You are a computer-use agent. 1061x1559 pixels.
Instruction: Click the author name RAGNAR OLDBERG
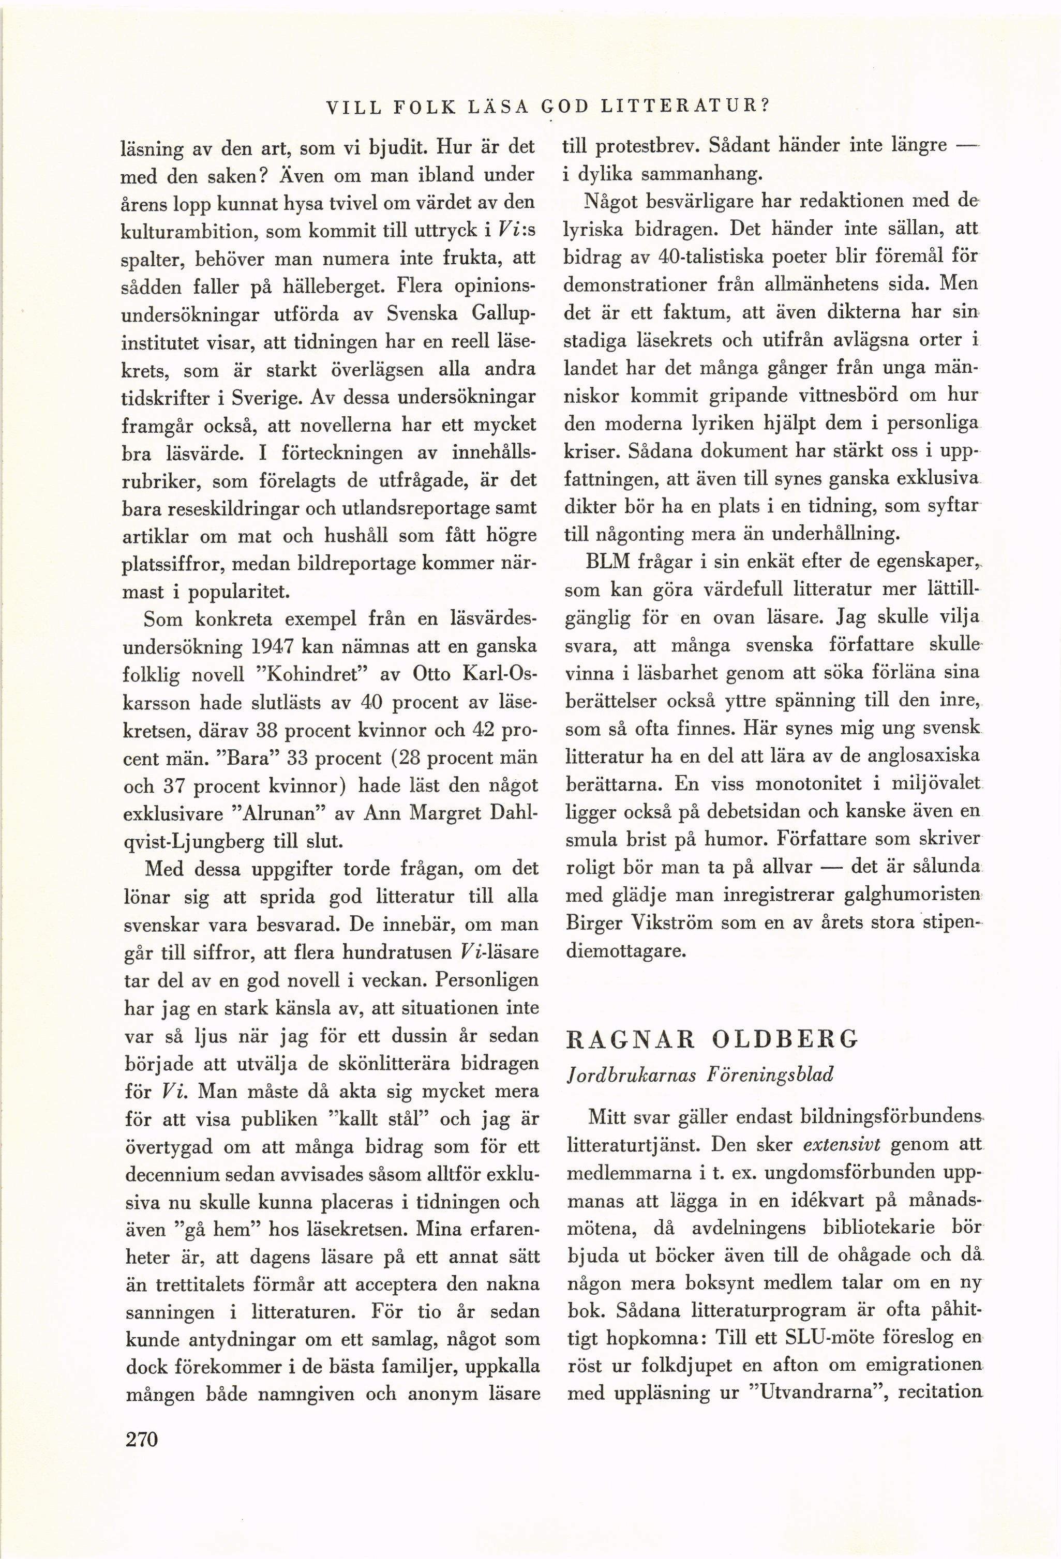click(x=712, y=1039)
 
